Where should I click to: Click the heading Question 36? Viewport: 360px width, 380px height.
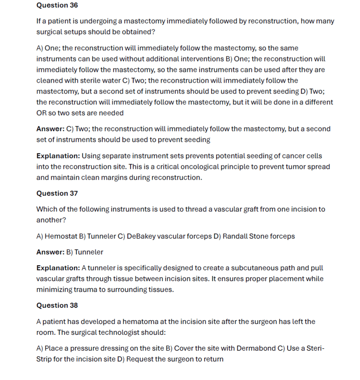coord(57,5)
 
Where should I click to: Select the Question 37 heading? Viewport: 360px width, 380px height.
coord(57,193)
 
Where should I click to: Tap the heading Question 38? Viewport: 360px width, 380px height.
coord(57,305)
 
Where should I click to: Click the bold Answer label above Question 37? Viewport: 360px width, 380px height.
coord(50,129)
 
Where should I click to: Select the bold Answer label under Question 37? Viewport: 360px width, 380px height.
coord(50,252)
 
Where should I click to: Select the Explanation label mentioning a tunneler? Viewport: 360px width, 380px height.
coord(58,268)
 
